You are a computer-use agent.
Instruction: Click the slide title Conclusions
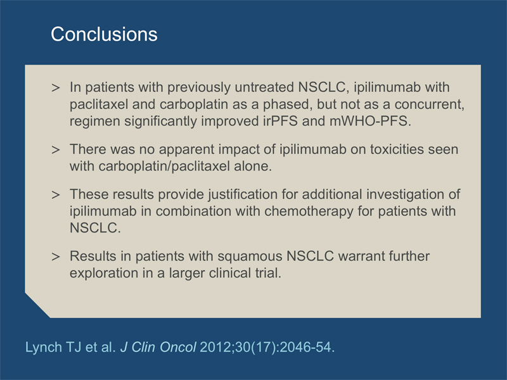pos(104,34)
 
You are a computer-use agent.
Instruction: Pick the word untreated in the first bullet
pos(264,87)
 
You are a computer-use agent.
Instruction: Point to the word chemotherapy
pos(309,211)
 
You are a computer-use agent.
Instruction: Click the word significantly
pos(161,121)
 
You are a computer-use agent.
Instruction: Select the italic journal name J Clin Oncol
pos(158,347)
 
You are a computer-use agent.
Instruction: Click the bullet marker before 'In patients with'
pos(56,87)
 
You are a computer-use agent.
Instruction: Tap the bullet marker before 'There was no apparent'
pos(56,149)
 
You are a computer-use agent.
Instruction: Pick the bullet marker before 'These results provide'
pos(56,194)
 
